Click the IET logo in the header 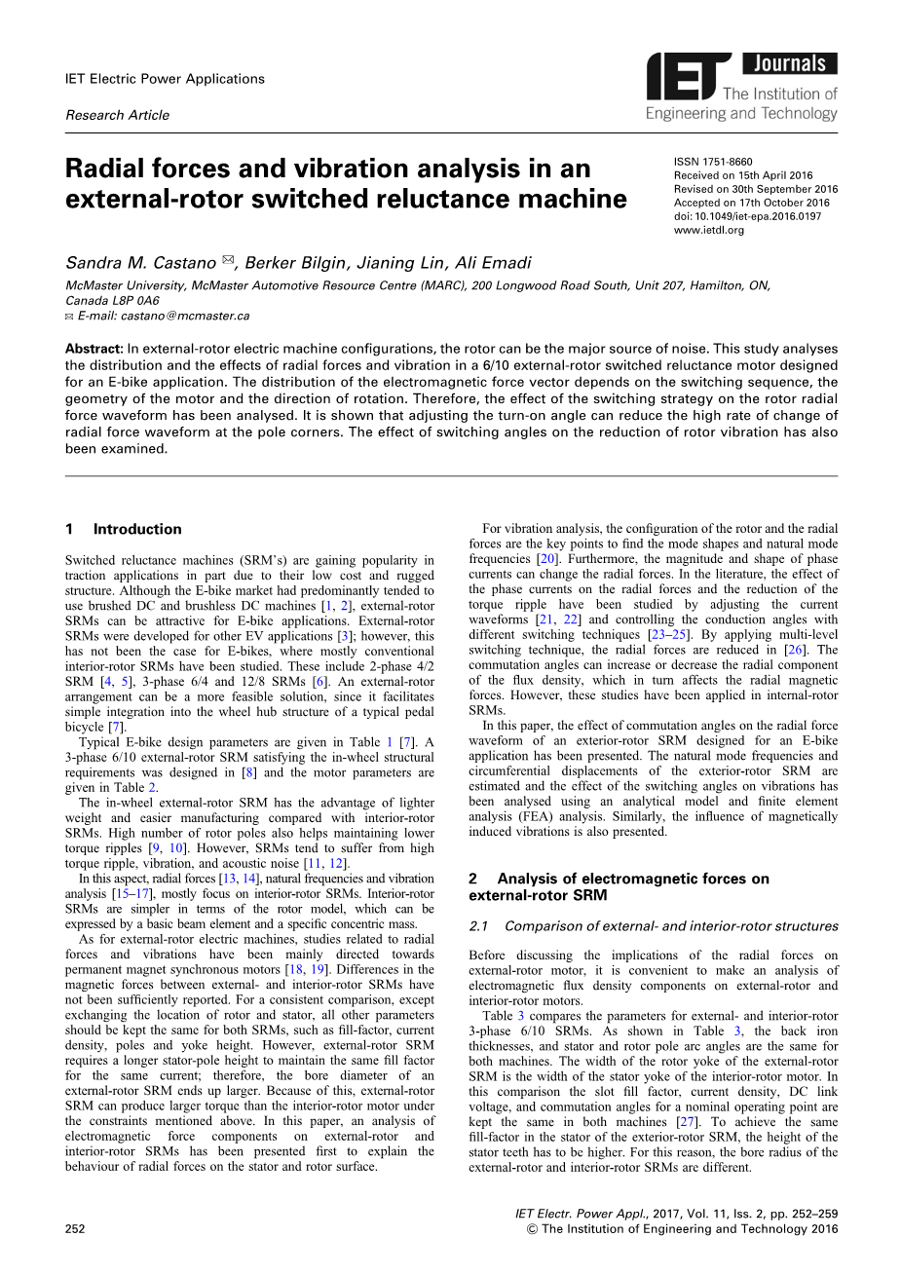(688, 78)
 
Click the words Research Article (117, 115)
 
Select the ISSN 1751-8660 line (713, 162)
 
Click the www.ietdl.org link (708, 230)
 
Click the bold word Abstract (94, 349)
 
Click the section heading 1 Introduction (123, 529)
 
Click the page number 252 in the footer (75, 1228)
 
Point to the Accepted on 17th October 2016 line (751, 203)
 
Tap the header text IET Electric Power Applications (164, 79)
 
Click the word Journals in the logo (789, 64)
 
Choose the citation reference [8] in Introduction (249, 772)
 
